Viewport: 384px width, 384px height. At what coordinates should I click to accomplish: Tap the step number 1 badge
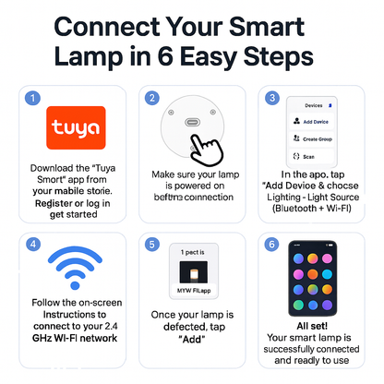(x=31, y=97)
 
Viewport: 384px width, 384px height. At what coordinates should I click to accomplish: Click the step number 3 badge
(x=271, y=97)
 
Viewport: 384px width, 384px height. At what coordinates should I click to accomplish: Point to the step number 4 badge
(x=31, y=244)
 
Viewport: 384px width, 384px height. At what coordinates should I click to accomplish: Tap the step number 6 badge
(x=271, y=244)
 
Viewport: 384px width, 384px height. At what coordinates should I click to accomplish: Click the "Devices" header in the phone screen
(x=313, y=105)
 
